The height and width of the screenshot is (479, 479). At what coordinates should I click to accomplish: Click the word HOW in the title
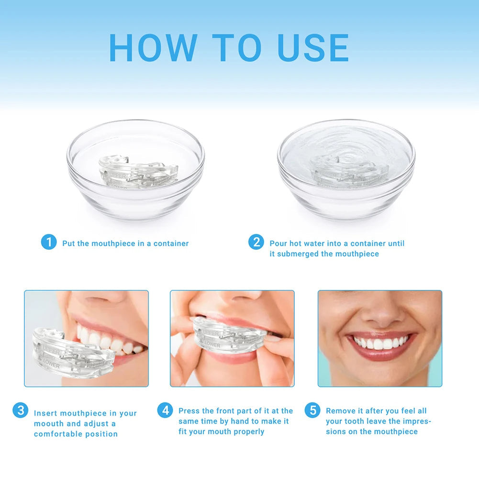point(153,47)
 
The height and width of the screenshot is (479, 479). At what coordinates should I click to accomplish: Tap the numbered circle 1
point(48,242)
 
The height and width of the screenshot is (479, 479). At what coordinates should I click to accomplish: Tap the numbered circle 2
point(256,242)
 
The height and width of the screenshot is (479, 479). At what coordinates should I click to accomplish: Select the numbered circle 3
point(20,410)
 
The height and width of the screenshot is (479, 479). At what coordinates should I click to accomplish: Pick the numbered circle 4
point(165,410)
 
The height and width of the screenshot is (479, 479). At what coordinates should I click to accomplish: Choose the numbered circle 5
point(312,410)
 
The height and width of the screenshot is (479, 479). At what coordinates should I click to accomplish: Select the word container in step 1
point(171,244)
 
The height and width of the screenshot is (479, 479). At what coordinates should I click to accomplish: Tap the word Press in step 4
point(189,411)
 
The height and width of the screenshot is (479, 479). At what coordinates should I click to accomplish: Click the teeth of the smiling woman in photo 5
point(381,343)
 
